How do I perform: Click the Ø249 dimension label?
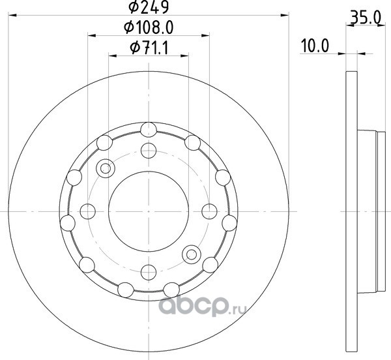[149, 7]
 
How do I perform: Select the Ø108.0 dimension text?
[149, 27]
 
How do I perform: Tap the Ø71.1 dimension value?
[149, 48]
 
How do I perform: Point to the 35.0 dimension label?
[366, 18]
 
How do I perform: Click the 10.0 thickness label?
[315, 46]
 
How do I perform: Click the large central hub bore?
[149, 211]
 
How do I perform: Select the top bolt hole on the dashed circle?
[149, 151]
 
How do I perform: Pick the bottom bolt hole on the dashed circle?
[149, 273]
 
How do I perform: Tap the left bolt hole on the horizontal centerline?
[88, 211]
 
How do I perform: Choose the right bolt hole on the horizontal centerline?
[209, 211]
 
